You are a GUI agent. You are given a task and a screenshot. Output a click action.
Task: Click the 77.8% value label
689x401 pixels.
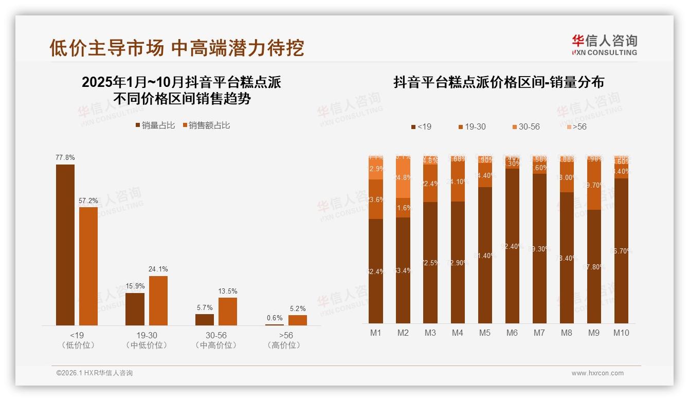65,157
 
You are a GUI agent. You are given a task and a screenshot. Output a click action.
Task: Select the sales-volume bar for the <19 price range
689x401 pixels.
65,245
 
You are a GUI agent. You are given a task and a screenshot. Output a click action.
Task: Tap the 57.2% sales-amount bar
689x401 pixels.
88,266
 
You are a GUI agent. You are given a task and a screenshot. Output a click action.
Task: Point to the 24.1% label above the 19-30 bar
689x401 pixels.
158,269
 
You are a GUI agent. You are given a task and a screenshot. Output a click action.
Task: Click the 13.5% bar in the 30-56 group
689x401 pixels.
228,311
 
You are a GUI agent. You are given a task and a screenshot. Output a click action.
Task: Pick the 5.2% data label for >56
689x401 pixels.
297,308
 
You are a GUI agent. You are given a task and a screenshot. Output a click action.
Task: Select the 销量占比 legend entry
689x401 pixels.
155,125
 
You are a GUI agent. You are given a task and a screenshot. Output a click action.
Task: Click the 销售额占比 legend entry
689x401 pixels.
206,125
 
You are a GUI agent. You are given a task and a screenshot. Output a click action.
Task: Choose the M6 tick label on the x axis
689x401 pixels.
512,333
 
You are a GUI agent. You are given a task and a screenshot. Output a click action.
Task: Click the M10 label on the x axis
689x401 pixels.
621,333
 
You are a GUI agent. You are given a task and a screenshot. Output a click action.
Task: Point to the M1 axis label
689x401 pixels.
376,333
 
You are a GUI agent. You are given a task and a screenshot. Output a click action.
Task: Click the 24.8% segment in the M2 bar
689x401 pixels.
403,178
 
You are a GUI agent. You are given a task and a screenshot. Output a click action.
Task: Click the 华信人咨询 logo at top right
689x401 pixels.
604,45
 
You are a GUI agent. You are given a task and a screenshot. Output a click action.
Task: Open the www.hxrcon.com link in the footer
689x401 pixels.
597,373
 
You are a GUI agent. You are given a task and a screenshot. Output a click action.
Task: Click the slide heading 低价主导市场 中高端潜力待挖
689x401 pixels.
177,48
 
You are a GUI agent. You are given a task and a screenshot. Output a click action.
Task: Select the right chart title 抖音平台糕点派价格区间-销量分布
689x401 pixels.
499,82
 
